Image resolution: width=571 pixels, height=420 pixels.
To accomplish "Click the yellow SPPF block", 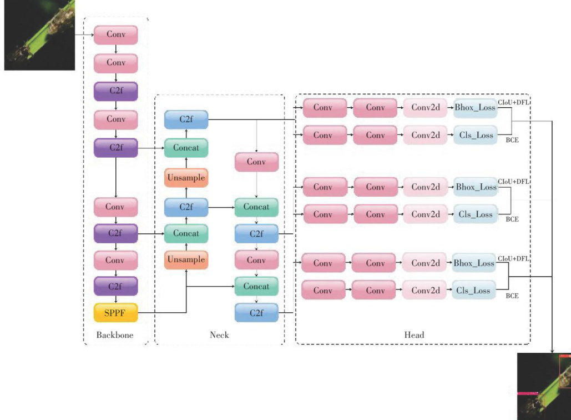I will click(x=115, y=313).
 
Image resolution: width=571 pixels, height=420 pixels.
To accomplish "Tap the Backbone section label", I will click(x=115, y=335).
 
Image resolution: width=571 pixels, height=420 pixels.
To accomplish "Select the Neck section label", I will click(x=219, y=335).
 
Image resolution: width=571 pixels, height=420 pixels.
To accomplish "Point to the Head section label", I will click(x=414, y=335).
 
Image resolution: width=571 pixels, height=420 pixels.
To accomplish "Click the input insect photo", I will click(x=39, y=35).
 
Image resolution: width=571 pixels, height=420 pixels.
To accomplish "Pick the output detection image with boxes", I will click(x=544, y=386).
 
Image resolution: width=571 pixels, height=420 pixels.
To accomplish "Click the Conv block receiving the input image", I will click(x=115, y=34).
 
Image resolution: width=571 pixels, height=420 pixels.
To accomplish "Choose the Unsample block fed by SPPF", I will click(x=186, y=259).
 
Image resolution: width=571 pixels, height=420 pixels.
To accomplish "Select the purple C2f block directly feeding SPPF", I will click(x=115, y=286).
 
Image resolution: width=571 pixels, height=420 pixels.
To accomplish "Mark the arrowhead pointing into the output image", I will click(x=553, y=351).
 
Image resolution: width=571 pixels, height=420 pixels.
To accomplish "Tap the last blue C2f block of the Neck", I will click(x=256, y=313).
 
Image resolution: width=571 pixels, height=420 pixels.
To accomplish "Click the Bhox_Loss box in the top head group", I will click(x=475, y=108).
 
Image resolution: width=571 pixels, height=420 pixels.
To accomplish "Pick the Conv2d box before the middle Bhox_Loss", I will click(x=426, y=187).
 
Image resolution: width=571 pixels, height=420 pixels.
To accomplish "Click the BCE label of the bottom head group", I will click(x=512, y=296).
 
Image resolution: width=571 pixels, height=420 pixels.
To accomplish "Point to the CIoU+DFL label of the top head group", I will click(x=513, y=102).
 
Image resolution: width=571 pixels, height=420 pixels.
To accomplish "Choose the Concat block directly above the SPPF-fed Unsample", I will click(x=186, y=233).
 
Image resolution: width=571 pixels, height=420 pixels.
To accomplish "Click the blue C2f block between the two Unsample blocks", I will click(x=186, y=207).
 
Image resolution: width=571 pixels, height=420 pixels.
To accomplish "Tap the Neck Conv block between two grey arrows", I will click(x=256, y=162).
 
